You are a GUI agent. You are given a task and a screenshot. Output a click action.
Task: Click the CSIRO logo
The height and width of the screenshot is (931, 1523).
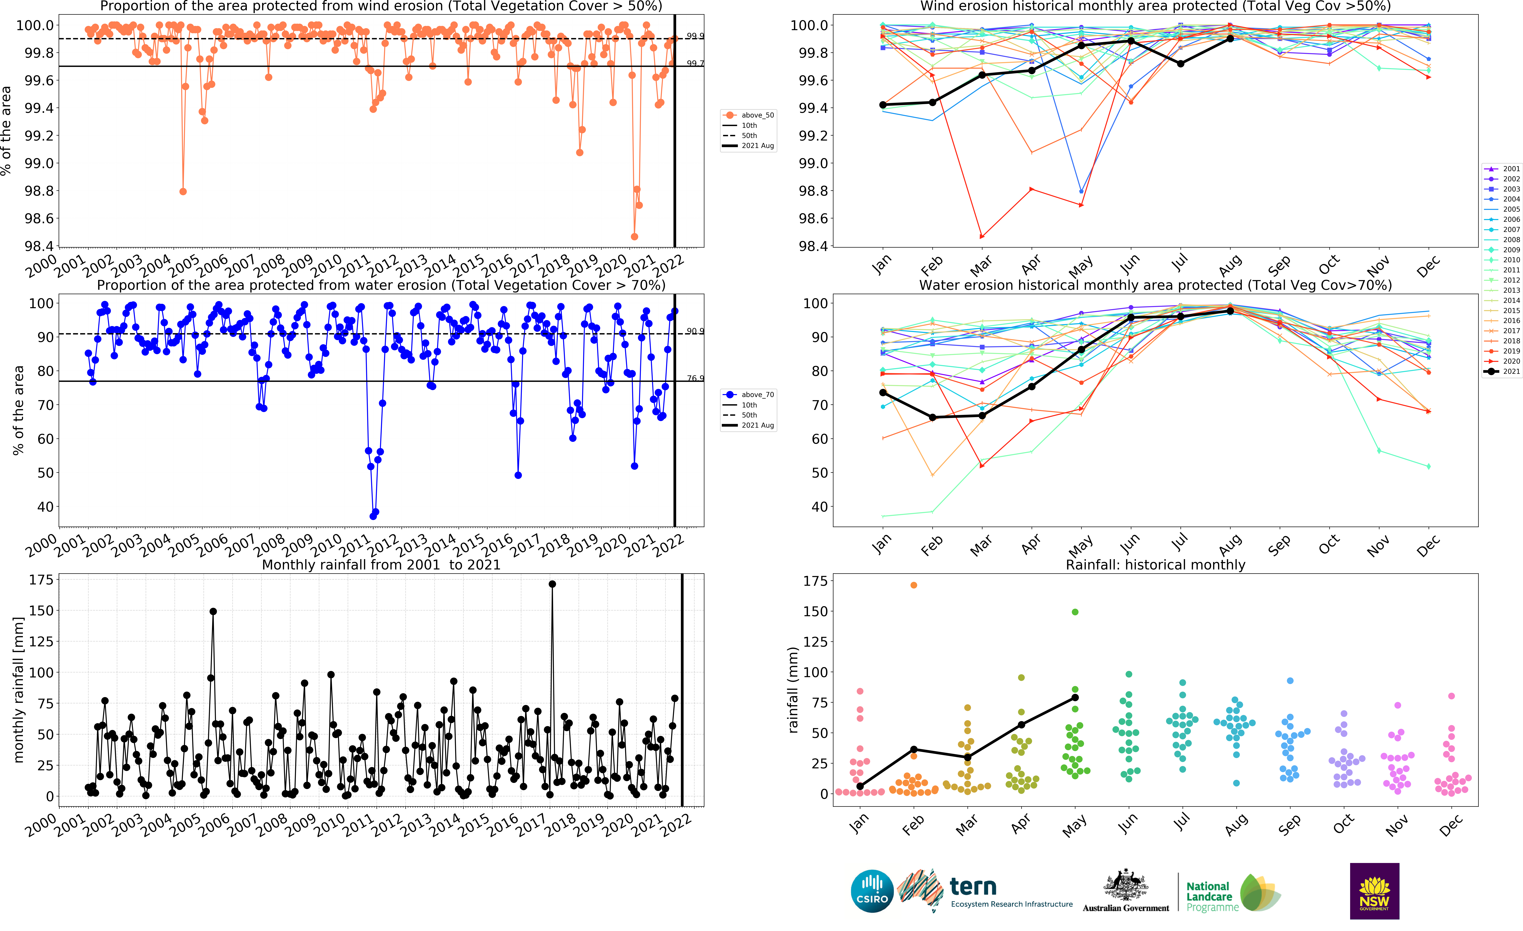pos(871,891)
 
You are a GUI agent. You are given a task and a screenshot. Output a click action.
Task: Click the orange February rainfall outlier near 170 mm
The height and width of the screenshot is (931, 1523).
pos(914,585)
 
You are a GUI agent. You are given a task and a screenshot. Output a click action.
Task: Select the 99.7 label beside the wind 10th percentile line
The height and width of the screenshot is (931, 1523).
pos(695,63)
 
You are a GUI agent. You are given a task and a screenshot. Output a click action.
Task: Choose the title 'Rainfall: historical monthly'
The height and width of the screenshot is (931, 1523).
pos(1155,564)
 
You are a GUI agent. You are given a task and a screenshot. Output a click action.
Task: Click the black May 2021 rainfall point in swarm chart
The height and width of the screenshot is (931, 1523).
pos(1075,698)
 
